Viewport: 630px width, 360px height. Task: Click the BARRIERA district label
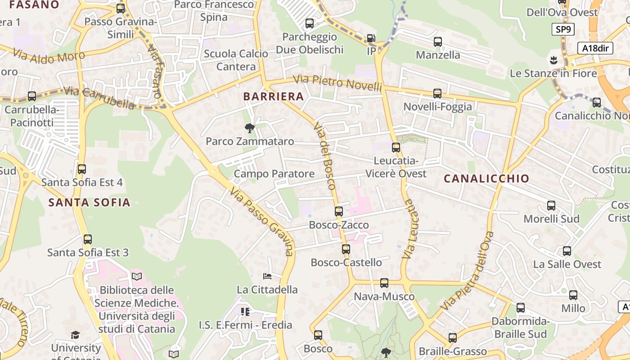[x=274, y=96]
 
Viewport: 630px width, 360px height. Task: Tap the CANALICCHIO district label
[x=486, y=179]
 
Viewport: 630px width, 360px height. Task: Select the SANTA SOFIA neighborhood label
[x=89, y=202]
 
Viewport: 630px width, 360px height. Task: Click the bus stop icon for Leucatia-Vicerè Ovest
[x=396, y=147]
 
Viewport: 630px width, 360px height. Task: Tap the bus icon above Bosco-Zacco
[x=339, y=211]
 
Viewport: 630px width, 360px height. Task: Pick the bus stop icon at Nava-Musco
[x=384, y=283]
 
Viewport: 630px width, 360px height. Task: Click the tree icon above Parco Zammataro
[x=249, y=128]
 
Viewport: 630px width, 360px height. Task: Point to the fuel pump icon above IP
[x=371, y=39]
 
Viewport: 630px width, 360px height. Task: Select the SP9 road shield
[x=563, y=30]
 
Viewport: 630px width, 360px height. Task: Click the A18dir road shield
[x=595, y=48]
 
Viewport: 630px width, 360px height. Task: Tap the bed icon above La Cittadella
[x=267, y=276]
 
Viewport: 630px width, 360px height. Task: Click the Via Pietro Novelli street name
[x=337, y=83]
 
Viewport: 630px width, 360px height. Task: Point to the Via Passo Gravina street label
[x=262, y=222]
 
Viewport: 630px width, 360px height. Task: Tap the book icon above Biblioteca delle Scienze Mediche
[x=136, y=276]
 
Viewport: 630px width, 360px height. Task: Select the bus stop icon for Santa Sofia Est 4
[x=81, y=169]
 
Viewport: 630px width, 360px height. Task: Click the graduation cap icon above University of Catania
[x=75, y=335]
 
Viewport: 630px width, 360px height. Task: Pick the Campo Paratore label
[x=274, y=174]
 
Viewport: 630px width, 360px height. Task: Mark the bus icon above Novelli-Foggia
[x=437, y=94]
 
